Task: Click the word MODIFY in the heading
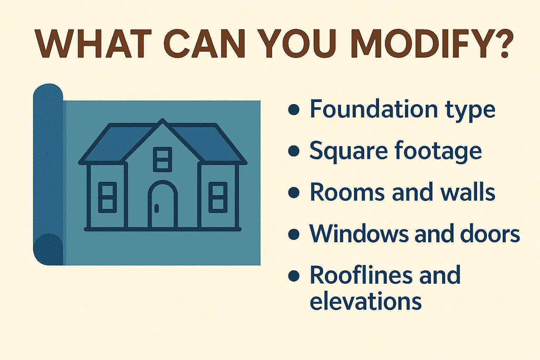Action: (422, 44)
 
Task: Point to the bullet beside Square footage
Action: (294, 151)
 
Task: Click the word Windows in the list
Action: (359, 234)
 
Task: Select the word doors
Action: (490, 234)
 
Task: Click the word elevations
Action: (366, 302)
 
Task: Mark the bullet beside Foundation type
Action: (294, 110)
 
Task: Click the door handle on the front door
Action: (157, 208)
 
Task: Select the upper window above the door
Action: (163, 159)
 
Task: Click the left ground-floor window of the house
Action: (108, 197)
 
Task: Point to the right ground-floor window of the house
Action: (218, 197)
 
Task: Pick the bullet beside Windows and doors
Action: (294, 234)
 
